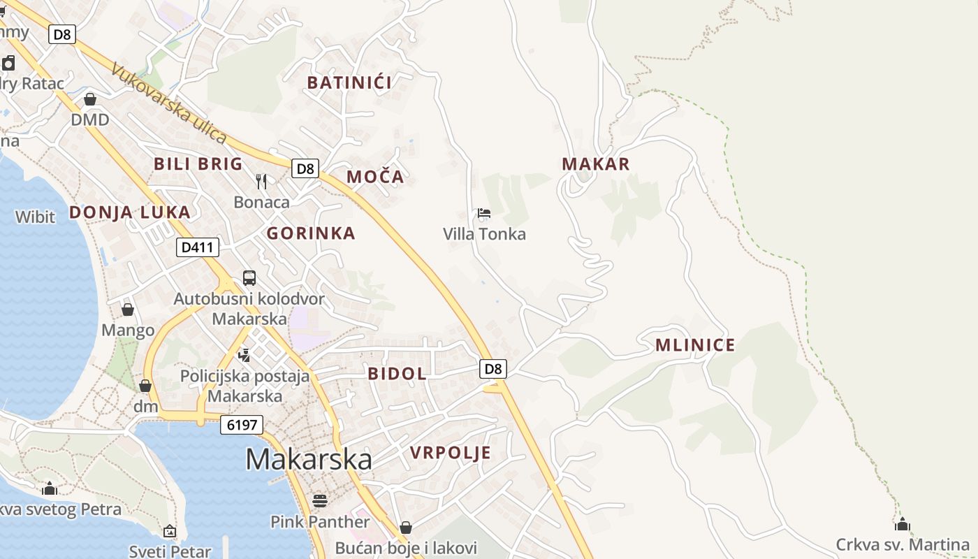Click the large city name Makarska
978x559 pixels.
click(x=308, y=459)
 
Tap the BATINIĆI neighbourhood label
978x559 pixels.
click(x=349, y=82)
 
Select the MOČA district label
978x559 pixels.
click(x=375, y=177)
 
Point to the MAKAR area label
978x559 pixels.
click(x=596, y=164)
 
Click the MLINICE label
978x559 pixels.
click(x=695, y=345)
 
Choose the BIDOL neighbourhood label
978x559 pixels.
click(x=397, y=374)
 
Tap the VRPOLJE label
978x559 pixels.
click(x=451, y=453)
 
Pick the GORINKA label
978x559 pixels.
click(x=311, y=233)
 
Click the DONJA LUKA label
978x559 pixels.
click(x=129, y=212)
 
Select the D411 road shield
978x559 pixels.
click(x=198, y=247)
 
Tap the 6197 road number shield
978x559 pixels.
click(x=242, y=424)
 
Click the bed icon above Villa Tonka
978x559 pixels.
click(x=484, y=213)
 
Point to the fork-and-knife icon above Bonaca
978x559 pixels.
click(x=261, y=182)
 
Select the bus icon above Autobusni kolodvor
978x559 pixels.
click(x=249, y=277)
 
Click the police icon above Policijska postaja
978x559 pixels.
click(x=244, y=355)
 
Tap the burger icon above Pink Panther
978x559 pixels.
click(x=320, y=500)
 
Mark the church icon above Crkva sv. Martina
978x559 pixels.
click(x=903, y=523)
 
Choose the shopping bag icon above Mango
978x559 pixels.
click(x=128, y=309)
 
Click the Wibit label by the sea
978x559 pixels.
click(x=35, y=217)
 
